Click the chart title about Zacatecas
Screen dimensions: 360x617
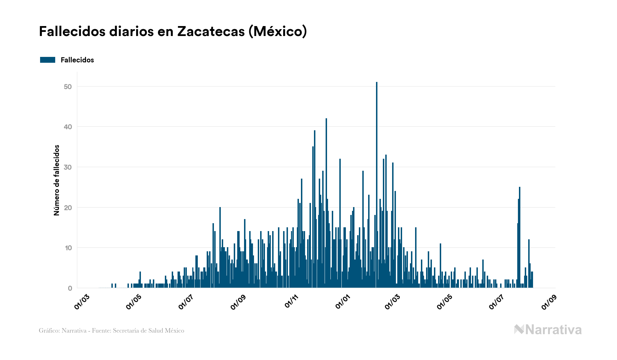tap(173, 32)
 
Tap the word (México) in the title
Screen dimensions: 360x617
tap(278, 32)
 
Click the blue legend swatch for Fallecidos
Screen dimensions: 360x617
tap(48, 60)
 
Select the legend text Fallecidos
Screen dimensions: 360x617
tap(77, 60)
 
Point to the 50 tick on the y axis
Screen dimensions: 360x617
tap(68, 87)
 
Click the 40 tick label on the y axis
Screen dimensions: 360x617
tap(68, 127)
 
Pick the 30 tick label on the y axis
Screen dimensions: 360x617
tap(68, 167)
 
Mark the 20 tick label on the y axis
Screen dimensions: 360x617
tap(68, 208)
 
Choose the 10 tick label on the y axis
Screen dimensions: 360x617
tap(68, 248)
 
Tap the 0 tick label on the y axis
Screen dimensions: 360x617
tap(70, 288)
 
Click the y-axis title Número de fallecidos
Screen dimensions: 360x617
tap(57, 180)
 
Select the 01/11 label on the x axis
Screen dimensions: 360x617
tap(292, 301)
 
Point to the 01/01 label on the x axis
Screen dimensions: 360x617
tap(343, 301)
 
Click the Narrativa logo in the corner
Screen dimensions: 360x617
tap(548, 330)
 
